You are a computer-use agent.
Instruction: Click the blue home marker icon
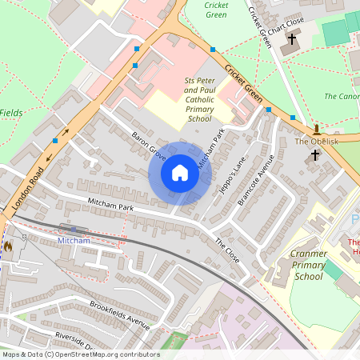(180, 172)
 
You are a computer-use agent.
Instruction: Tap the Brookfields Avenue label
(120, 315)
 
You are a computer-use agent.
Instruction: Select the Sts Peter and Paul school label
(199, 100)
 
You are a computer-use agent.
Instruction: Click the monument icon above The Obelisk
(317, 129)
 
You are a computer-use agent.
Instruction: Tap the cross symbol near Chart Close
(292, 38)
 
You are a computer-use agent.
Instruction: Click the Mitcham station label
(74, 240)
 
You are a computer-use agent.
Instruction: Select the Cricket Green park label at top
(215, 10)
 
